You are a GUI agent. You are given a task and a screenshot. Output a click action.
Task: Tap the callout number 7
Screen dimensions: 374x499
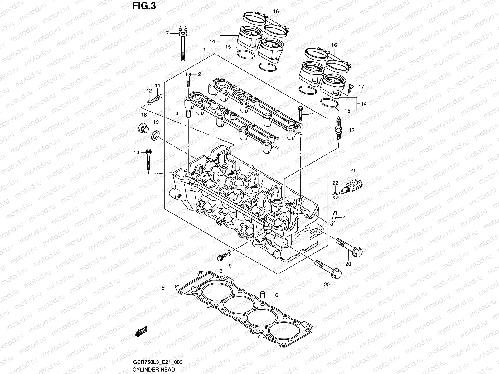pyautogui.click(x=167, y=33)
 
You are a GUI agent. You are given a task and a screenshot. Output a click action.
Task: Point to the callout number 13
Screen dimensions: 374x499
pyautogui.click(x=351, y=130)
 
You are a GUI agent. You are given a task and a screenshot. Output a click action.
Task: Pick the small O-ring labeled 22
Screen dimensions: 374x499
pyautogui.click(x=335, y=196)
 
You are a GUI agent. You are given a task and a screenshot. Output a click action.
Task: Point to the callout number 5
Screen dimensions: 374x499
pyautogui.click(x=163, y=288)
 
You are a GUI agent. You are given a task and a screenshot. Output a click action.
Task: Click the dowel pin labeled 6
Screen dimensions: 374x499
pyautogui.click(x=263, y=295)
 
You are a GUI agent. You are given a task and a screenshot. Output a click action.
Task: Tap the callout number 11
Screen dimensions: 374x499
pyautogui.click(x=157, y=85)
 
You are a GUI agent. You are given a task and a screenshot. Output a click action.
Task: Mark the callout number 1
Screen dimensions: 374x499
pyautogui.click(x=204, y=50)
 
